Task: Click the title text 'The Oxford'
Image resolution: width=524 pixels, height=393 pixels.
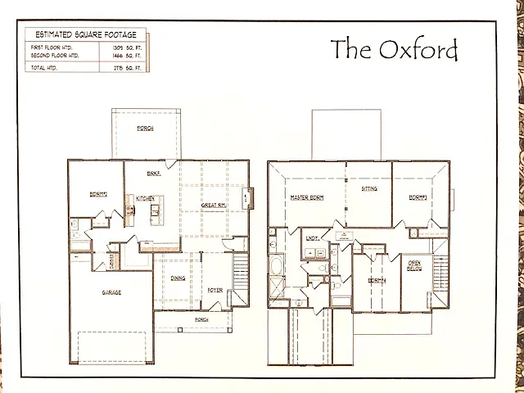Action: point(394,50)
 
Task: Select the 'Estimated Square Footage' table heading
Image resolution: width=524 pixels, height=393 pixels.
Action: point(84,34)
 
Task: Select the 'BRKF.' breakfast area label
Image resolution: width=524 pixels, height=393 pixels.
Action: point(152,174)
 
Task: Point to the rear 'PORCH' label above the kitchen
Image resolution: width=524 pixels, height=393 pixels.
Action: point(146,129)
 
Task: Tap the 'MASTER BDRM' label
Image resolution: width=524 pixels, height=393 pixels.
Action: point(306,198)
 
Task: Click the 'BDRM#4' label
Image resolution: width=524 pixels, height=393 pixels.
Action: point(376,280)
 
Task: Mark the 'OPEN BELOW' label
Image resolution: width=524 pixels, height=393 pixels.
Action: point(415,266)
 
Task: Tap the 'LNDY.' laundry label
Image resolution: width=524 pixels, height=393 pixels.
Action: point(313,238)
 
